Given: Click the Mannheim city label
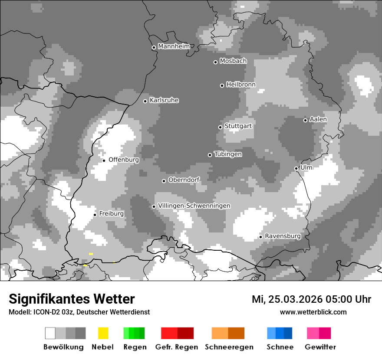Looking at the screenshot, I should (174, 46).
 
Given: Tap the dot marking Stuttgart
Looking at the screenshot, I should (220, 127).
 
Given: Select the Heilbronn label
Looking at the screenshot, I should (241, 85).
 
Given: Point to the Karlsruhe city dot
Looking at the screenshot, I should (145, 101).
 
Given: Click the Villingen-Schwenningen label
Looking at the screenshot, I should (194, 206).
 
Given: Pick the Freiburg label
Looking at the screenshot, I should (111, 214).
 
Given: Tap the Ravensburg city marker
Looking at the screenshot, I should (260, 237).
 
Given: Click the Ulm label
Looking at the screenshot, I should (306, 167).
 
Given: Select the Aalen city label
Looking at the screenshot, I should (318, 119).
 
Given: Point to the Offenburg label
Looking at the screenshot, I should (124, 160).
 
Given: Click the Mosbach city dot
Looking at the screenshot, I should (215, 62).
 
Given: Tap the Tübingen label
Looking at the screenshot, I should (228, 154).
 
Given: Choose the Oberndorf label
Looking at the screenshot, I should (184, 180).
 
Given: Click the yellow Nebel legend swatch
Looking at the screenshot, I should (103, 333).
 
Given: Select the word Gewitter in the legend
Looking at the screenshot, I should (320, 347).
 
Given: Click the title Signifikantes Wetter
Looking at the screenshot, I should (72, 299).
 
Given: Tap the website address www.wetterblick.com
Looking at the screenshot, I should (313, 312).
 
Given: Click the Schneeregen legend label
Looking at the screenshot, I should (229, 347).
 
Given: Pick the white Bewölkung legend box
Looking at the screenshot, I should (50, 333).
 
